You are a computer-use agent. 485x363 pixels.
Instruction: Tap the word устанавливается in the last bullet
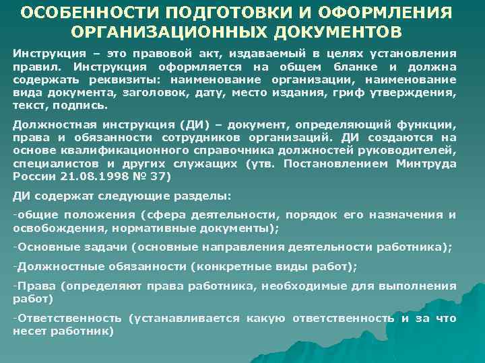point(186,318)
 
